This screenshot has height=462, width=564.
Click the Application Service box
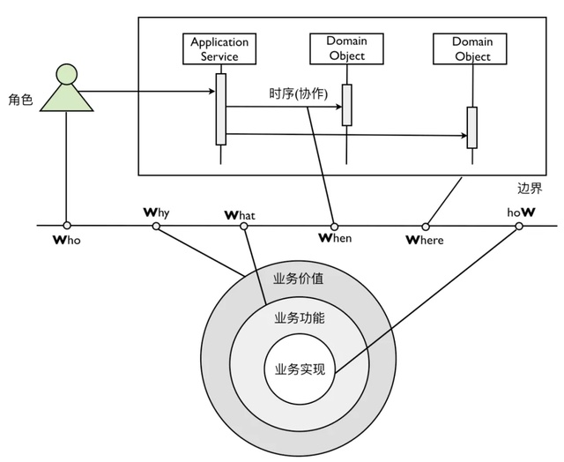coord(219,48)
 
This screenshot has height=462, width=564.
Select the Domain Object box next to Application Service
coord(345,48)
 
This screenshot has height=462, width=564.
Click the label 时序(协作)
coord(298,93)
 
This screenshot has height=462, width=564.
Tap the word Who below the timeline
coord(67,241)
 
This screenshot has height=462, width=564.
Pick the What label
coord(244,213)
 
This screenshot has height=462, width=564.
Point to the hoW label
coord(520,212)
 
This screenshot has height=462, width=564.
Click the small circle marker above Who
coord(67,226)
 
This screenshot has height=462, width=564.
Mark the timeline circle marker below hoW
coord(519,227)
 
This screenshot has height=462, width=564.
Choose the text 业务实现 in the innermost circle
coord(300,369)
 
